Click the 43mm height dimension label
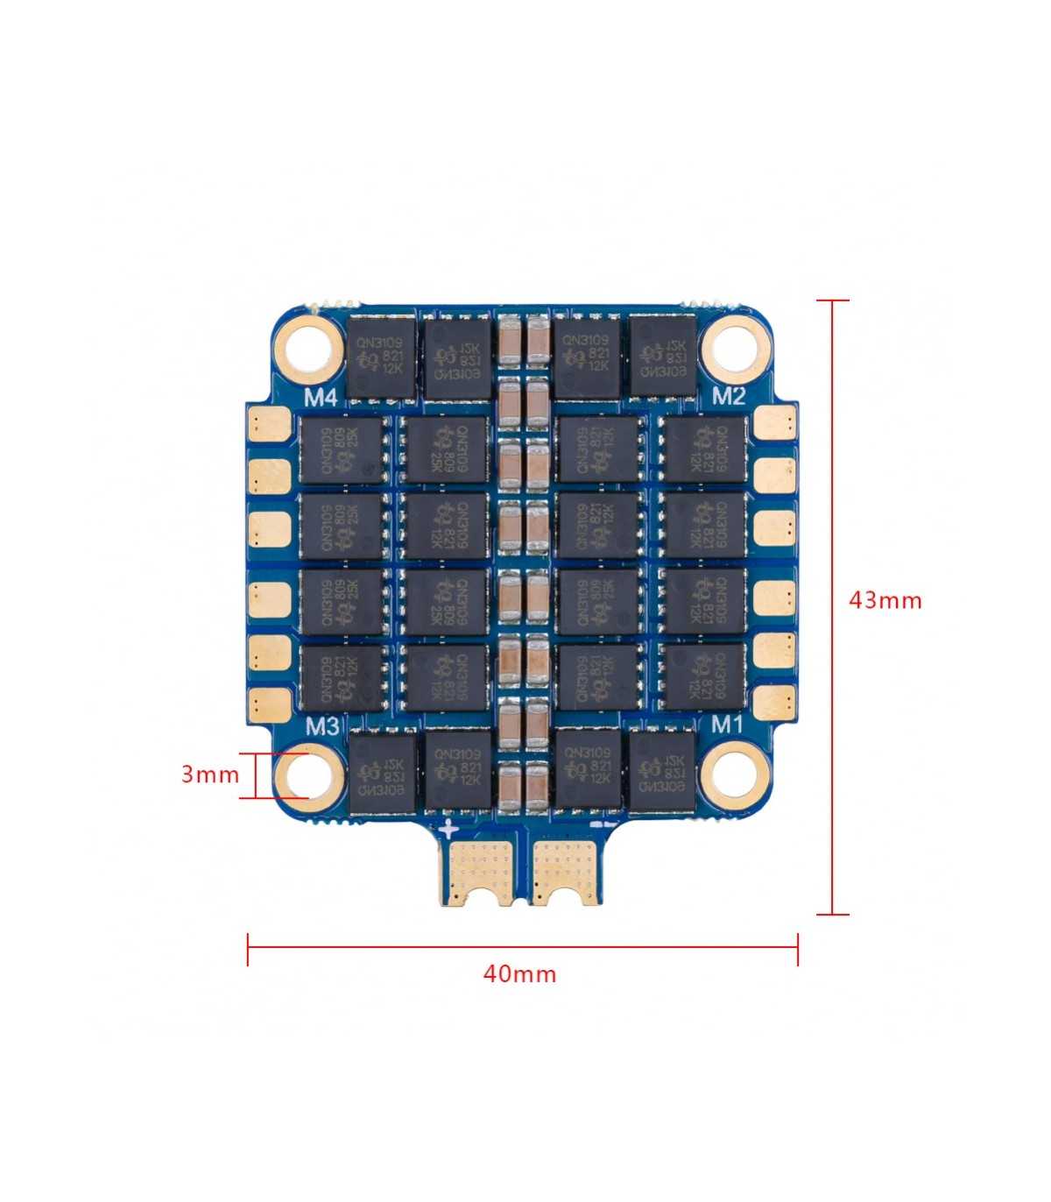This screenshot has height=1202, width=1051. click(885, 601)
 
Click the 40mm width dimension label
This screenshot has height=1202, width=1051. click(519, 973)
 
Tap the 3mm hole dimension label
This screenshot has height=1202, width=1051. click(209, 774)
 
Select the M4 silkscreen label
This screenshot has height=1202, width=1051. click(321, 398)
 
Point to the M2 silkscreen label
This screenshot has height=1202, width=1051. click(728, 396)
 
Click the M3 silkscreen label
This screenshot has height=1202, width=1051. click(323, 726)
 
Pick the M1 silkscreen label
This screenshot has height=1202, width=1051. click(726, 724)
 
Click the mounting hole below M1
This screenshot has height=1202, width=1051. click(734, 771)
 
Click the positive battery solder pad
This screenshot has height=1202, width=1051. click(479, 871)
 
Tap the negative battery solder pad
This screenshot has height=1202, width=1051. click(566, 871)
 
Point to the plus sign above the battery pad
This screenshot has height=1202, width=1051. click(448, 828)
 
